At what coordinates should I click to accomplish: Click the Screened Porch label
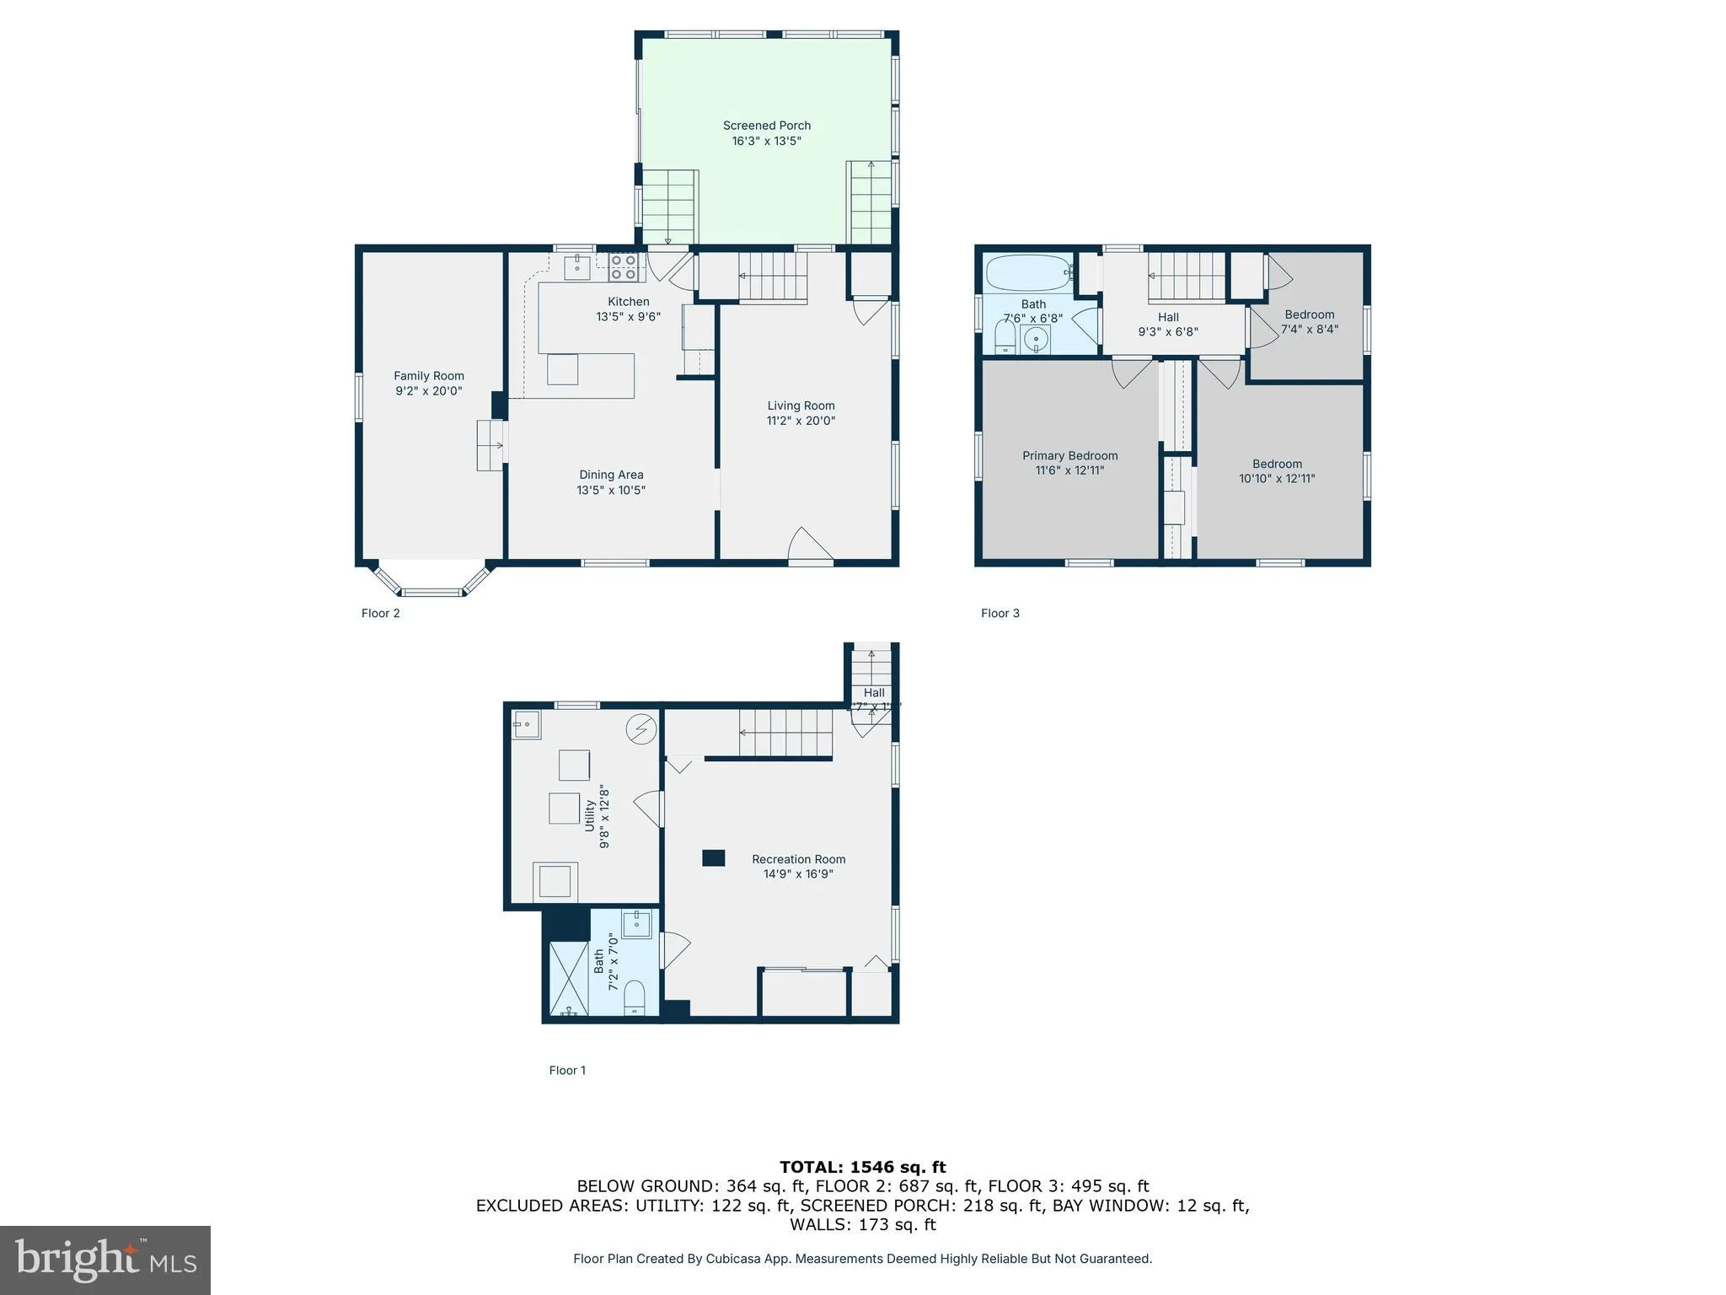coord(766,126)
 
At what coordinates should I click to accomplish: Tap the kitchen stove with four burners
coord(624,268)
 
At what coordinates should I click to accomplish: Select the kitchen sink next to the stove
coord(577,268)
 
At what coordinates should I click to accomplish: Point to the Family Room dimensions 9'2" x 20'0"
coord(428,391)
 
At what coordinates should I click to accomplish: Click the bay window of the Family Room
coord(431,582)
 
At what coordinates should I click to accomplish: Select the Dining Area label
coord(611,475)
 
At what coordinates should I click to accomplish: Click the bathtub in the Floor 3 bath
coord(1028,272)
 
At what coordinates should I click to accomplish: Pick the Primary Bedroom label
coord(1069,455)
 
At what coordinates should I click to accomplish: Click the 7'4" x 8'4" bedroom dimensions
coord(1309,330)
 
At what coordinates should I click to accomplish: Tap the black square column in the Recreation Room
coord(713,858)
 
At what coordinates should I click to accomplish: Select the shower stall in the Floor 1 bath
coord(569,978)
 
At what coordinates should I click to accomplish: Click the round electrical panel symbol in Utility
coord(641,729)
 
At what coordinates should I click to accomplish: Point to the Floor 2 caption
coord(380,613)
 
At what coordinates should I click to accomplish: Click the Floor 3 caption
coord(1000,613)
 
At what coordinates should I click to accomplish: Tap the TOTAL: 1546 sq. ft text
coord(862,1167)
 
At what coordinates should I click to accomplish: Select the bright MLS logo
coord(105,1260)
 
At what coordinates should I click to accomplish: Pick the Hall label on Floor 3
coord(1167,317)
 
